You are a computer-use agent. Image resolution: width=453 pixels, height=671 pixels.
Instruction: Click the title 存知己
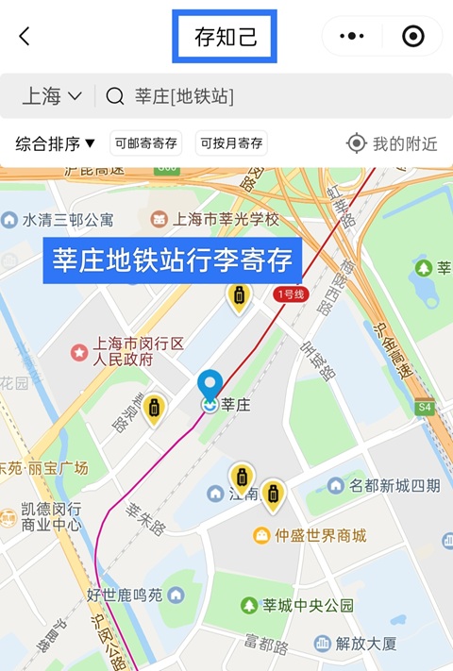point(225,38)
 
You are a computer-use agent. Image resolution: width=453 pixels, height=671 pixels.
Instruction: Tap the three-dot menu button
point(352,37)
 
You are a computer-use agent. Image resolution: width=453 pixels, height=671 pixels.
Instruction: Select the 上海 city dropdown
point(52,95)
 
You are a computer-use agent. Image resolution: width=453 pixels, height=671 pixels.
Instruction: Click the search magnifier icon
point(115,95)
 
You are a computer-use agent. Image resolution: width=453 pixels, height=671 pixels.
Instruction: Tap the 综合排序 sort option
point(56,143)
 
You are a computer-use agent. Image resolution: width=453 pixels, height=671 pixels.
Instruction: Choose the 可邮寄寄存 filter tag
point(145,143)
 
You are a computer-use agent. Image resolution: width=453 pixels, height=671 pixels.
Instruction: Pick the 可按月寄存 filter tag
point(231,143)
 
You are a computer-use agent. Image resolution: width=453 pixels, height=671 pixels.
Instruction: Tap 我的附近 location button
point(393,143)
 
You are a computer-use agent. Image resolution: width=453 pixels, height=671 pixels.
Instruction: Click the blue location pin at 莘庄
point(210,385)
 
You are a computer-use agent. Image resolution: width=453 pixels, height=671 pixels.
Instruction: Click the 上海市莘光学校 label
point(226,219)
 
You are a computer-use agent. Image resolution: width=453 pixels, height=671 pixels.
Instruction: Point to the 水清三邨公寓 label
point(68,220)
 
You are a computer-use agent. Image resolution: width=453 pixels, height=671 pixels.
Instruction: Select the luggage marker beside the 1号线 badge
point(240,296)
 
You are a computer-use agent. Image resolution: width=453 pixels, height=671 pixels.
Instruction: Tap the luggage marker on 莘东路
point(154,409)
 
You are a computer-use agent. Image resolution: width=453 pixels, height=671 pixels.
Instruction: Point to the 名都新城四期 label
point(394,485)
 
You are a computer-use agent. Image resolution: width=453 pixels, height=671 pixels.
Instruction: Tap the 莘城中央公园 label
point(308,605)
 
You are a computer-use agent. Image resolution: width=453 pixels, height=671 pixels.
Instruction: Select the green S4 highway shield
point(424,408)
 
